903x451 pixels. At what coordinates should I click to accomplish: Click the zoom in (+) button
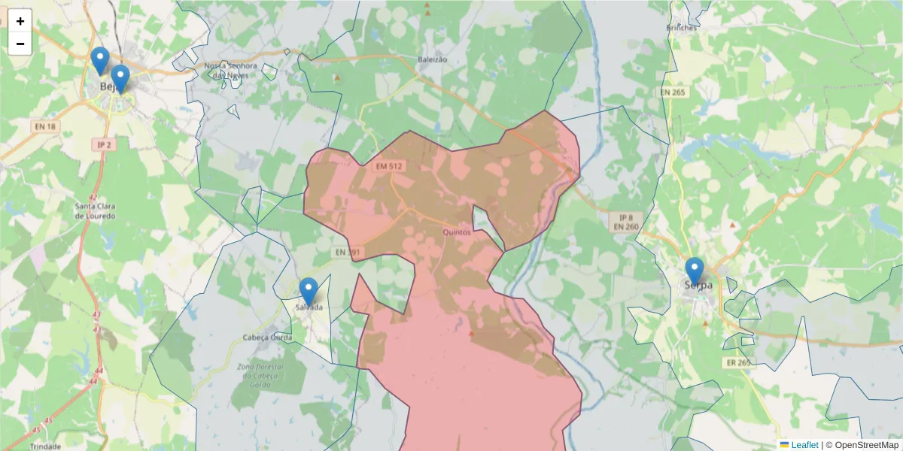point(20,21)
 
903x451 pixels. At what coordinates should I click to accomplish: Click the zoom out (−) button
point(20,44)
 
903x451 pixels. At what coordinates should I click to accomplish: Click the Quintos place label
point(457,232)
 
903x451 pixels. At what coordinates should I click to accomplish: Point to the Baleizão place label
point(432,59)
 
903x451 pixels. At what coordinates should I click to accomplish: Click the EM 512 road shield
point(390,165)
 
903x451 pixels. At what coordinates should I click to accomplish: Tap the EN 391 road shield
point(348,252)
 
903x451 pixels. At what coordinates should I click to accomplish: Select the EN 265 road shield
point(673,92)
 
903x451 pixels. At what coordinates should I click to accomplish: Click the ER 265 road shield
point(738,362)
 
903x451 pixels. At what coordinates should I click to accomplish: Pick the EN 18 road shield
point(45,126)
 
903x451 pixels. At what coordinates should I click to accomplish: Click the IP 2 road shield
point(104,144)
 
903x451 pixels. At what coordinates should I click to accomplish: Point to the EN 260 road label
point(625,226)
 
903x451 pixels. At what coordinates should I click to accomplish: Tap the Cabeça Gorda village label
point(267,337)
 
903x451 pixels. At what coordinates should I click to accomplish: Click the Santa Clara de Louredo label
point(95,210)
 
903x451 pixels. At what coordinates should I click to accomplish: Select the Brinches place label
point(682,28)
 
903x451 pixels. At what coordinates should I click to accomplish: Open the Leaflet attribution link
point(804,445)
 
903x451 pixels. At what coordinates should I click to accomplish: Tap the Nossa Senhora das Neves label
point(231,71)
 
